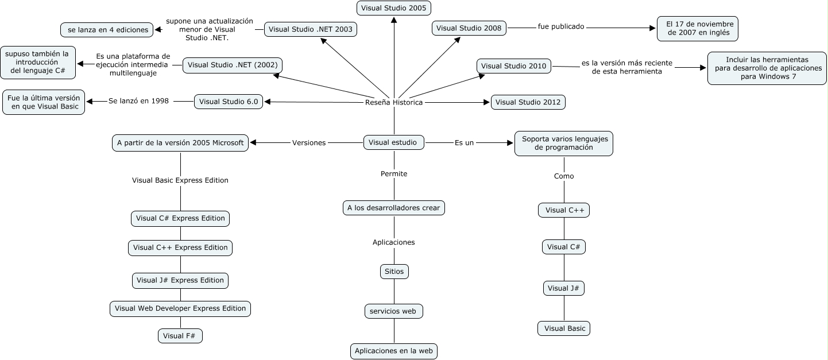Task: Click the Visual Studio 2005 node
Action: (x=394, y=8)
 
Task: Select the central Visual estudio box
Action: (x=394, y=142)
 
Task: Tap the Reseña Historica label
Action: (x=394, y=102)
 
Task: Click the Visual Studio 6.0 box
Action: (x=229, y=102)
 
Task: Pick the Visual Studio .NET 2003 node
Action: (x=311, y=29)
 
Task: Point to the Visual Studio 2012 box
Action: (x=528, y=102)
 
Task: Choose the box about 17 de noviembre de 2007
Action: (x=697, y=29)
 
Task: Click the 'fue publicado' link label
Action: (x=560, y=26)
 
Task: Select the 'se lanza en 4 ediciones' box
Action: (x=107, y=29)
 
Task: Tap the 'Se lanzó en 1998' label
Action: (x=138, y=101)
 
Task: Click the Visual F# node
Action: (x=180, y=336)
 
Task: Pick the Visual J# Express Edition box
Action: (x=180, y=280)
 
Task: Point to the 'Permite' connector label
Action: (x=394, y=173)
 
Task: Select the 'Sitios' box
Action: (x=394, y=271)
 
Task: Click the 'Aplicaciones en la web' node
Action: (x=394, y=351)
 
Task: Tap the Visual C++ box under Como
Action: (x=564, y=210)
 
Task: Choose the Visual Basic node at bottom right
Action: (x=564, y=328)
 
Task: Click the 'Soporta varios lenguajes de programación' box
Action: (x=563, y=143)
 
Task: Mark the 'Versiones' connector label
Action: (x=309, y=143)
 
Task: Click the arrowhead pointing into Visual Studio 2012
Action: (x=487, y=102)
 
